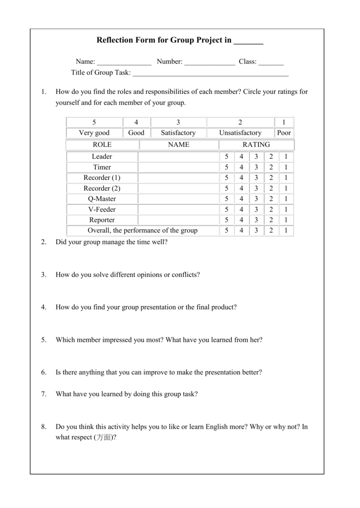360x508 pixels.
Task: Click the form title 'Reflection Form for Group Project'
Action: [164, 40]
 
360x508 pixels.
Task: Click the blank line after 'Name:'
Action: [124, 63]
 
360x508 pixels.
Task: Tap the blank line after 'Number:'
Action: [210, 63]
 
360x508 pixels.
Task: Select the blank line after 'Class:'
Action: [271, 63]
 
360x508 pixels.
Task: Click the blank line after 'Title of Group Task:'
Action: [211, 74]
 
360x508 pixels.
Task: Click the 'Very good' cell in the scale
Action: [94, 133]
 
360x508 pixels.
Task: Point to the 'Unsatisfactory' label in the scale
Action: [240, 133]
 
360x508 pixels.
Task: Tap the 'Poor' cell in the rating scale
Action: [284, 133]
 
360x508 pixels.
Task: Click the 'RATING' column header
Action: [256, 145]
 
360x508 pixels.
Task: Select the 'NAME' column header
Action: [179, 145]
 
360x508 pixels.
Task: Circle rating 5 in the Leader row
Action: [226, 157]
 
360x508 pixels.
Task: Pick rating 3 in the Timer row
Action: [256, 167]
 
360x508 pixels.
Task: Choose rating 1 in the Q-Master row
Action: [286, 199]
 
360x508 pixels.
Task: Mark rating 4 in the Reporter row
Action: [241, 220]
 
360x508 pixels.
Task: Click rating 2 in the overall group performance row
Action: [271, 231]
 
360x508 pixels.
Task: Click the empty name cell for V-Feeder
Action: [178, 209]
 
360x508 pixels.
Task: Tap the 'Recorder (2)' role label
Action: [102, 189]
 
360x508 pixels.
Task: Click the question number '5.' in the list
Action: [44, 340]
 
